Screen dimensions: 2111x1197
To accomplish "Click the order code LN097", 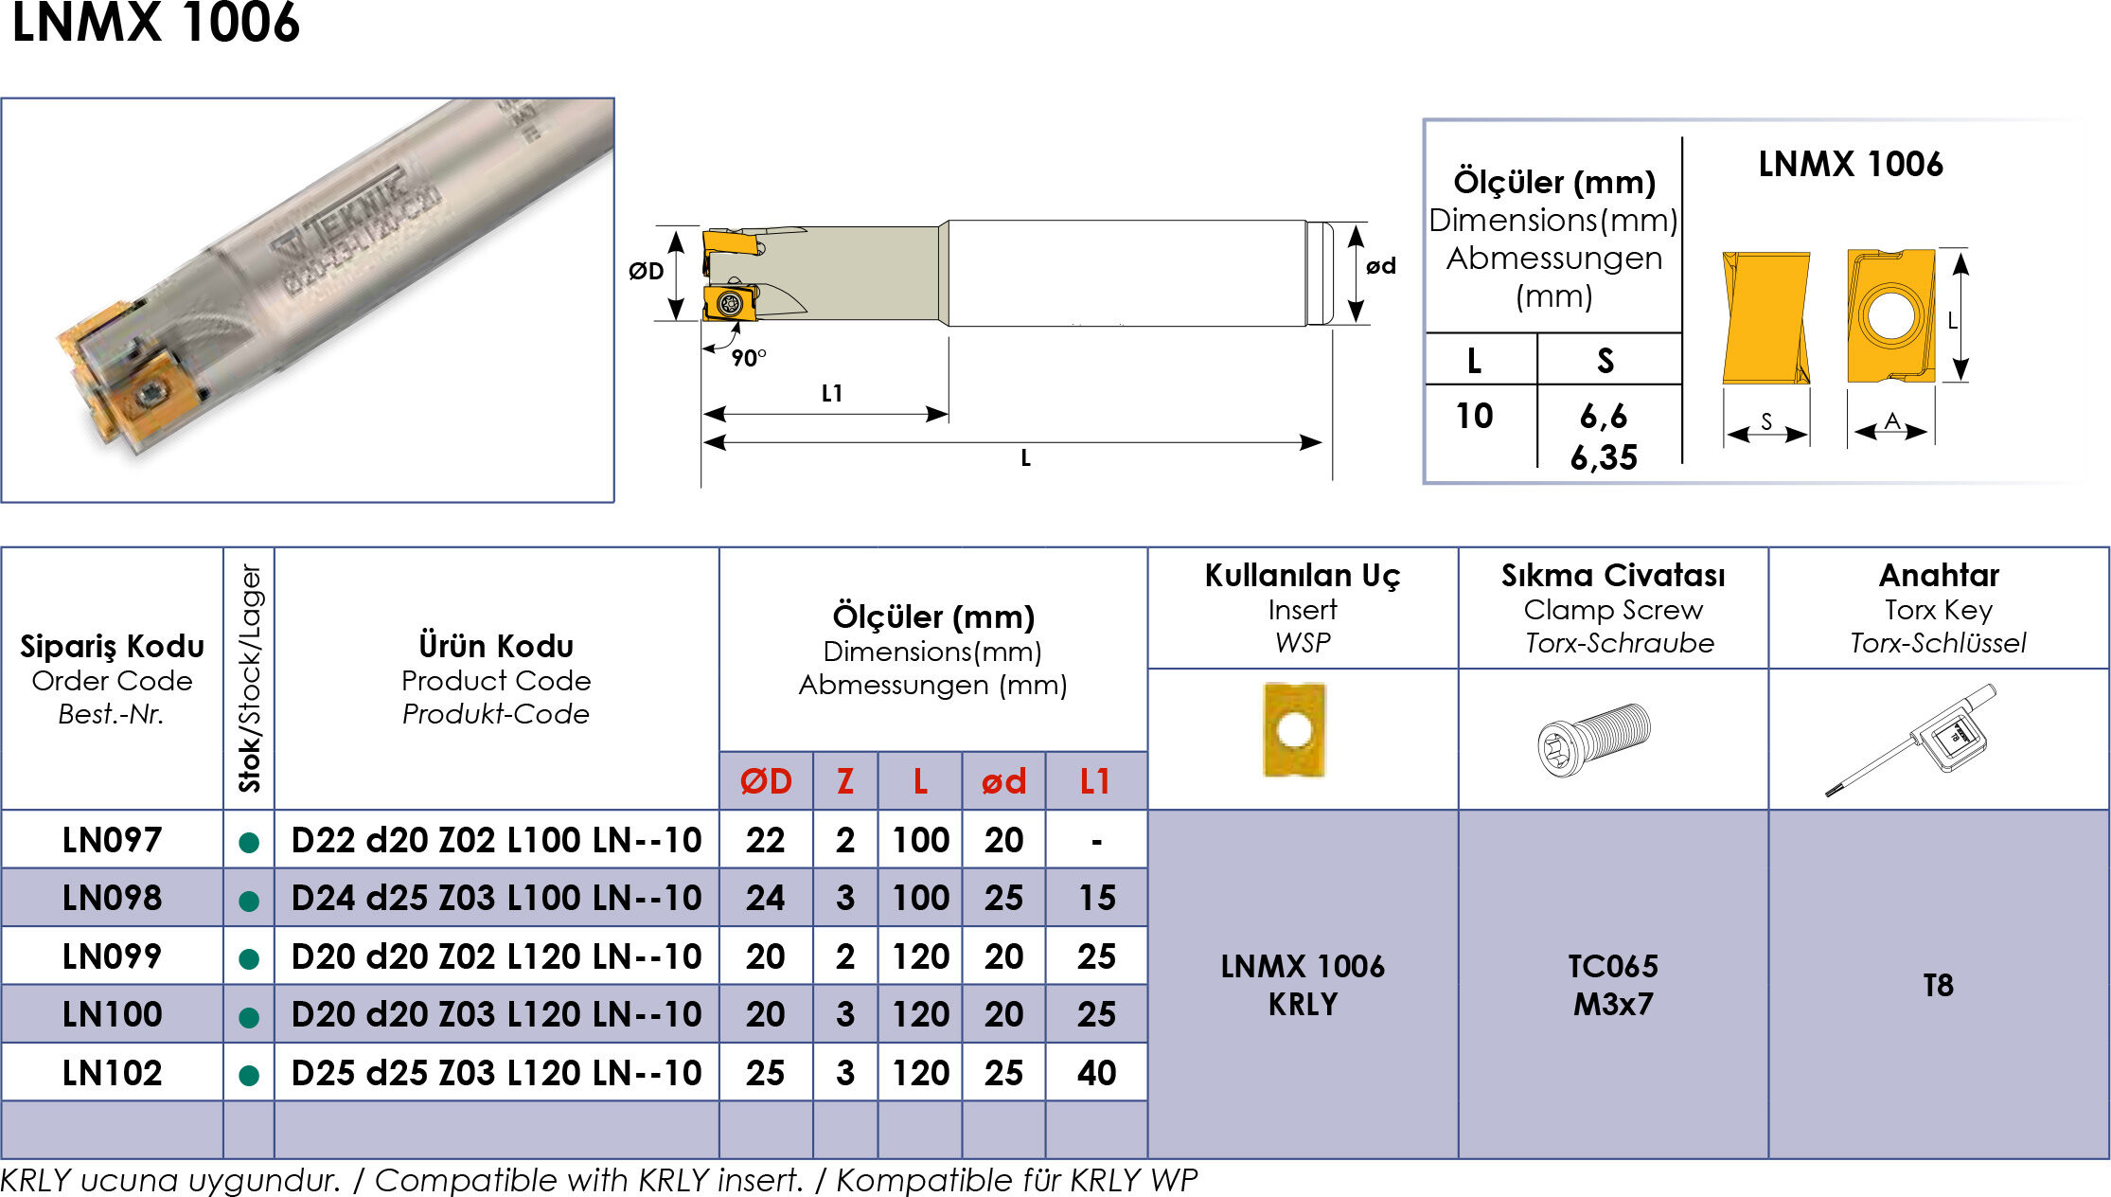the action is coord(112,840).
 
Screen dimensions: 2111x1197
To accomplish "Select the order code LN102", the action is coord(112,1073).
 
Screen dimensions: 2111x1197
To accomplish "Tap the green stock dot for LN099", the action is coord(249,958).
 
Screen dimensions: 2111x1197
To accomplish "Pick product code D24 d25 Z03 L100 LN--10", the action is coord(496,898).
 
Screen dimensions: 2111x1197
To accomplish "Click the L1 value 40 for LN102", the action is coord(1096,1073).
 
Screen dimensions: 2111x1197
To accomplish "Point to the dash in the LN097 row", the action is coord(1096,841).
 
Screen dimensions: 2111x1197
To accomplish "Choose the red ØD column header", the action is coord(766,781).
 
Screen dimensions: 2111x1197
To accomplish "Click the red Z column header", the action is coord(845,781).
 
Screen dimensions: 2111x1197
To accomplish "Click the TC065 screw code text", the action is coord(1613,966).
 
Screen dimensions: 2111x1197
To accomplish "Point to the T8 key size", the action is coord(1938,985).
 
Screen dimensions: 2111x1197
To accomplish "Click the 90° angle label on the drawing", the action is coord(749,358).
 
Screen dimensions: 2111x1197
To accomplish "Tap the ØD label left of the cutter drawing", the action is coord(647,271).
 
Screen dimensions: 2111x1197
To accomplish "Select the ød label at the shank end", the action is coord(1381,266).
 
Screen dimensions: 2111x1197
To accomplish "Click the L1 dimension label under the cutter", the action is coord(832,393).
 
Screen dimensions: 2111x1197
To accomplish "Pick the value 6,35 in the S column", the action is coord(1604,457).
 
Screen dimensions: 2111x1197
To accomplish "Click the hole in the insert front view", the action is coord(1890,315).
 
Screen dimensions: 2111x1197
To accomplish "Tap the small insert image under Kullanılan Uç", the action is coord(1294,729).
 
